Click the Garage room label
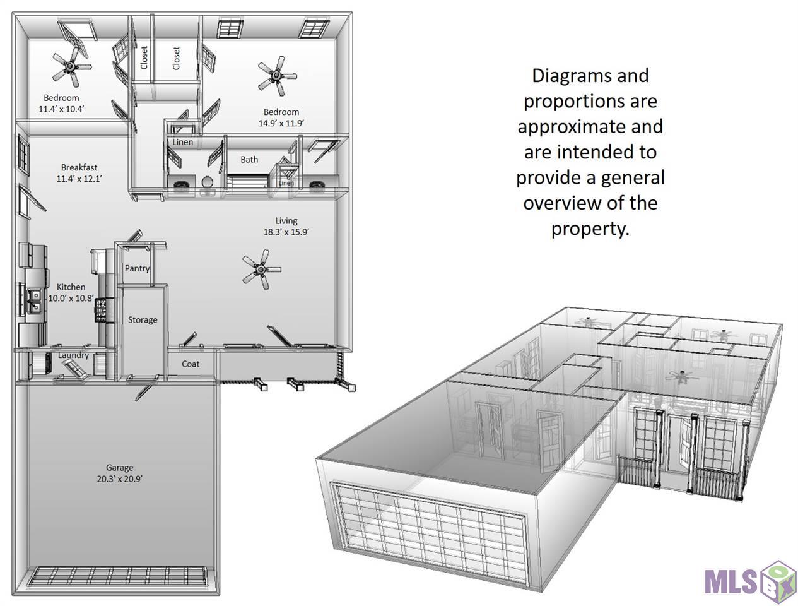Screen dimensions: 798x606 point(119,468)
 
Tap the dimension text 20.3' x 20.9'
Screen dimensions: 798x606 point(119,479)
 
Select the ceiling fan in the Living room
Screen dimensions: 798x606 point(261,269)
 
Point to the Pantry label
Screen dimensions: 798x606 point(137,268)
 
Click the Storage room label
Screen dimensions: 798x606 point(143,320)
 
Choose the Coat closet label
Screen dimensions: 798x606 point(191,364)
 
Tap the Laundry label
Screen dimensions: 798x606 point(73,355)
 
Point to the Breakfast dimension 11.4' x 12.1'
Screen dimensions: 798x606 point(79,179)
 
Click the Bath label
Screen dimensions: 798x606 point(249,159)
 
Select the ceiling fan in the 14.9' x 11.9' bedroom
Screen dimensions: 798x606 point(277,76)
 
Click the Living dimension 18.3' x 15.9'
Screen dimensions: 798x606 point(286,232)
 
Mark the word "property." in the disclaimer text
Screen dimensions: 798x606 point(590,229)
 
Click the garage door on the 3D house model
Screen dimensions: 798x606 point(428,532)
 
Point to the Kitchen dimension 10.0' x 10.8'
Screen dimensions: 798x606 point(71,299)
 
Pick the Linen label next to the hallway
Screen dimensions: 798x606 point(182,142)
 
